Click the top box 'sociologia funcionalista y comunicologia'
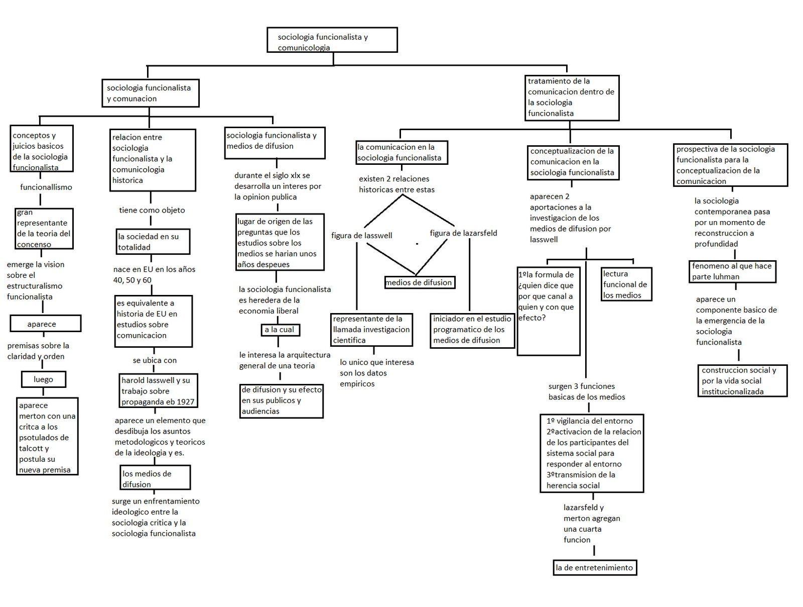pyautogui.click(x=332, y=40)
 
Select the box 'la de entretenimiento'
pyautogui.click(x=595, y=568)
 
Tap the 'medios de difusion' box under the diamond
pyautogui.click(x=420, y=282)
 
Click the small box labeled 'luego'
pyautogui.click(x=44, y=379)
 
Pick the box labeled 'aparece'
pyautogui.click(x=45, y=324)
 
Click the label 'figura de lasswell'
pyautogui.click(x=361, y=236)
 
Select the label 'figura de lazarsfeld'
pyautogui.click(x=463, y=233)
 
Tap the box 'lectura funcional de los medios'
pyautogui.click(x=626, y=284)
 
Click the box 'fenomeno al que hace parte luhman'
pyautogui.click(x=732, y=271)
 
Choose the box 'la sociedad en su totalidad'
pyautogui.click(x=153, y=242)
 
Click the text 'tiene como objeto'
pyautogui.click(x=152, y=210)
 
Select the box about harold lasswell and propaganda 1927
pyautogui.click(x=158, y=390)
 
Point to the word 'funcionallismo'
pyautogui.click(x=46, y=187)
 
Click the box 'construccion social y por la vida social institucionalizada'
pyautogui.click(x=742, y=381)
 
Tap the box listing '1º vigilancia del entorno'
pyautogui.click(x=592, y=453)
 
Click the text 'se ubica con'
pyautogui.click(x=155, y=360)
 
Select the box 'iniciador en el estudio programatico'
pyautogui.click(x=472, y=330)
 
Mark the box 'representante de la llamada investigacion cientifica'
pyautogui.click(x=371, y=330)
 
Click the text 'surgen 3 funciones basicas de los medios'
pyautogui.click(x=586, y=391)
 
